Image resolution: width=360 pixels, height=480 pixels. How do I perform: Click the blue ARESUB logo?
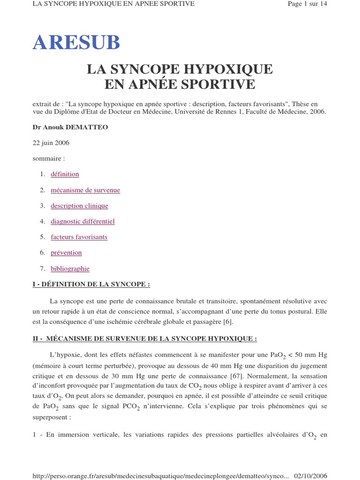pos(76,43)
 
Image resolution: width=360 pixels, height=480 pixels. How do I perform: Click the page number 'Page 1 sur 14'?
pos(307,4)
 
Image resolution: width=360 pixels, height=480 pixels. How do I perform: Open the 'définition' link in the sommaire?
pos(65,174)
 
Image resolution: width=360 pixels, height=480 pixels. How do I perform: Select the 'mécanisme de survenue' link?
pos(85,190)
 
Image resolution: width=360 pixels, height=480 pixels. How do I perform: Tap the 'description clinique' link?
pos(79,206)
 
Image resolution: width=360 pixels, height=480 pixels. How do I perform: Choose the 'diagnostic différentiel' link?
pos(82,221)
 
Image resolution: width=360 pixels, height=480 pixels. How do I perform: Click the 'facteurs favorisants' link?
pos(79,237)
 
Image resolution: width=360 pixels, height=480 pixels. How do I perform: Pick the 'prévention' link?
pos(66,253)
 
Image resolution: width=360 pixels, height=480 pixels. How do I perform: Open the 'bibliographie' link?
pos(70,269)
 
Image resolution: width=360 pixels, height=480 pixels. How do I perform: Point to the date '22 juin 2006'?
pos(51,143)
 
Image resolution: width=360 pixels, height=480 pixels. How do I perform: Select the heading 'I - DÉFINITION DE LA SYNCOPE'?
pos(91,285)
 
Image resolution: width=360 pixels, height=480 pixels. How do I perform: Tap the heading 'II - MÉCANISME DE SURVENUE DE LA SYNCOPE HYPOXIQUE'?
pos(144,338)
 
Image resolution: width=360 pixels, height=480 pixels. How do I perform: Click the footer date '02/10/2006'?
pos(310,476)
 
